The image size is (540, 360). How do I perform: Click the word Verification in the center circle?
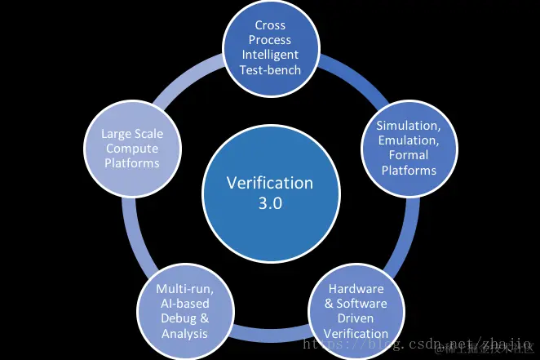269,184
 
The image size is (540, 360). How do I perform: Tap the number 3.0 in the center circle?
269,203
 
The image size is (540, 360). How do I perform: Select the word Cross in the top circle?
269,25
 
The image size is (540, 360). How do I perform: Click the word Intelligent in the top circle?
269,55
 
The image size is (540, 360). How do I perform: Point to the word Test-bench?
269,69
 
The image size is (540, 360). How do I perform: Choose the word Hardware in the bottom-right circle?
356,289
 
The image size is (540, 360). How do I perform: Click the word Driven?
356,318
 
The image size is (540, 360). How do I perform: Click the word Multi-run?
183,289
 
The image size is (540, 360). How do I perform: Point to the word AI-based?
183,304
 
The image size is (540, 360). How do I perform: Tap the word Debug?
177,318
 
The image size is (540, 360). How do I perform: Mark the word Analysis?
183,333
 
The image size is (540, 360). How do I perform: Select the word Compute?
131,148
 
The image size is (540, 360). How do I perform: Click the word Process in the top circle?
269,40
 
